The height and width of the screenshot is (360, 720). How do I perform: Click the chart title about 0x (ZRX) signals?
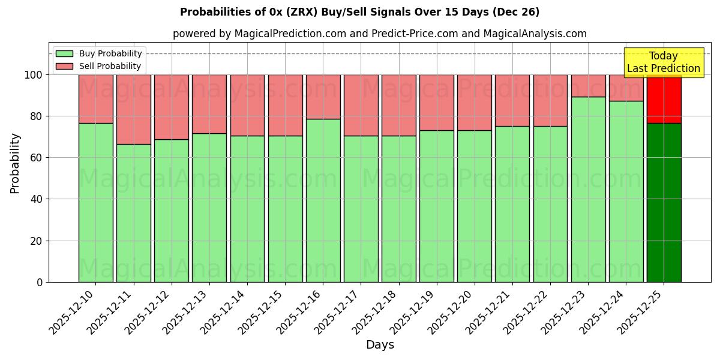tap(359, 12)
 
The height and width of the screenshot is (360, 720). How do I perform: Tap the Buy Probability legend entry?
tap(110, 53)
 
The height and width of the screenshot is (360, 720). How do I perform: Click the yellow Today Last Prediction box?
tap(664, 62)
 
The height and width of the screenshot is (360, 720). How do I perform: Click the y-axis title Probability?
tap(15, 163)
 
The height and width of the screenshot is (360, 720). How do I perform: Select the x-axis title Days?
tap(380, 345)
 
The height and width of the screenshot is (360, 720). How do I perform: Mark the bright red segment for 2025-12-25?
tap(664, 99)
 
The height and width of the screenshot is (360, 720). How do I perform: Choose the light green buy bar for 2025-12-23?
tap(588, 189)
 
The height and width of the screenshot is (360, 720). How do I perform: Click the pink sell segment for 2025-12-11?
tap(133, 109)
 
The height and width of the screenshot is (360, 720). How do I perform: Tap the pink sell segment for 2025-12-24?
tap(626, 88)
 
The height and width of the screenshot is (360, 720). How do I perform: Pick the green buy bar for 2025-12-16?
tap(323, 200)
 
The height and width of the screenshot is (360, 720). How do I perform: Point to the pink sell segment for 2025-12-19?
tap(436, 103)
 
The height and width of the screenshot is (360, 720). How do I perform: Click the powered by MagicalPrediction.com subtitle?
tap(379, 34)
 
